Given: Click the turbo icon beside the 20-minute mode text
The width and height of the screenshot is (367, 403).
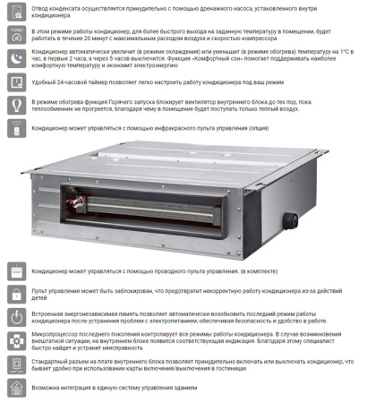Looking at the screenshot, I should [17, 34].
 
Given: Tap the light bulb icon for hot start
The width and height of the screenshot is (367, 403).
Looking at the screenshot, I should [17, 106].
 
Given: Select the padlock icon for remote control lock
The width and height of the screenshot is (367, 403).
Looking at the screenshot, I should [17, 294].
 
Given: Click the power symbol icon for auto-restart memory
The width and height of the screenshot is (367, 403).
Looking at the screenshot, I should [17, 318].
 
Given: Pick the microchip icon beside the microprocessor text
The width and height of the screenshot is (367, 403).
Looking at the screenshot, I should [17, 341].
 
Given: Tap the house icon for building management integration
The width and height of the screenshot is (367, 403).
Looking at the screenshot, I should [17, 390].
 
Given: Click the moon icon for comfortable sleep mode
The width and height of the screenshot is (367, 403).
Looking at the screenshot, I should [17, 58].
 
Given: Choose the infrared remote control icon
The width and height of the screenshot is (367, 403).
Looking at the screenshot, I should [17, 129].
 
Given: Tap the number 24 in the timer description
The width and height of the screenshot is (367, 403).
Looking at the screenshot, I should [65, 81].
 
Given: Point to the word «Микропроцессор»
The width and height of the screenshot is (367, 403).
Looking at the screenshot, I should [55, 332].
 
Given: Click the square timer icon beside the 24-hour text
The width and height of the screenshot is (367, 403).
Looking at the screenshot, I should [17, 81].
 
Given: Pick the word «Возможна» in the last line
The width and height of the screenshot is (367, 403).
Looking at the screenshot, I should [47, 390].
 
